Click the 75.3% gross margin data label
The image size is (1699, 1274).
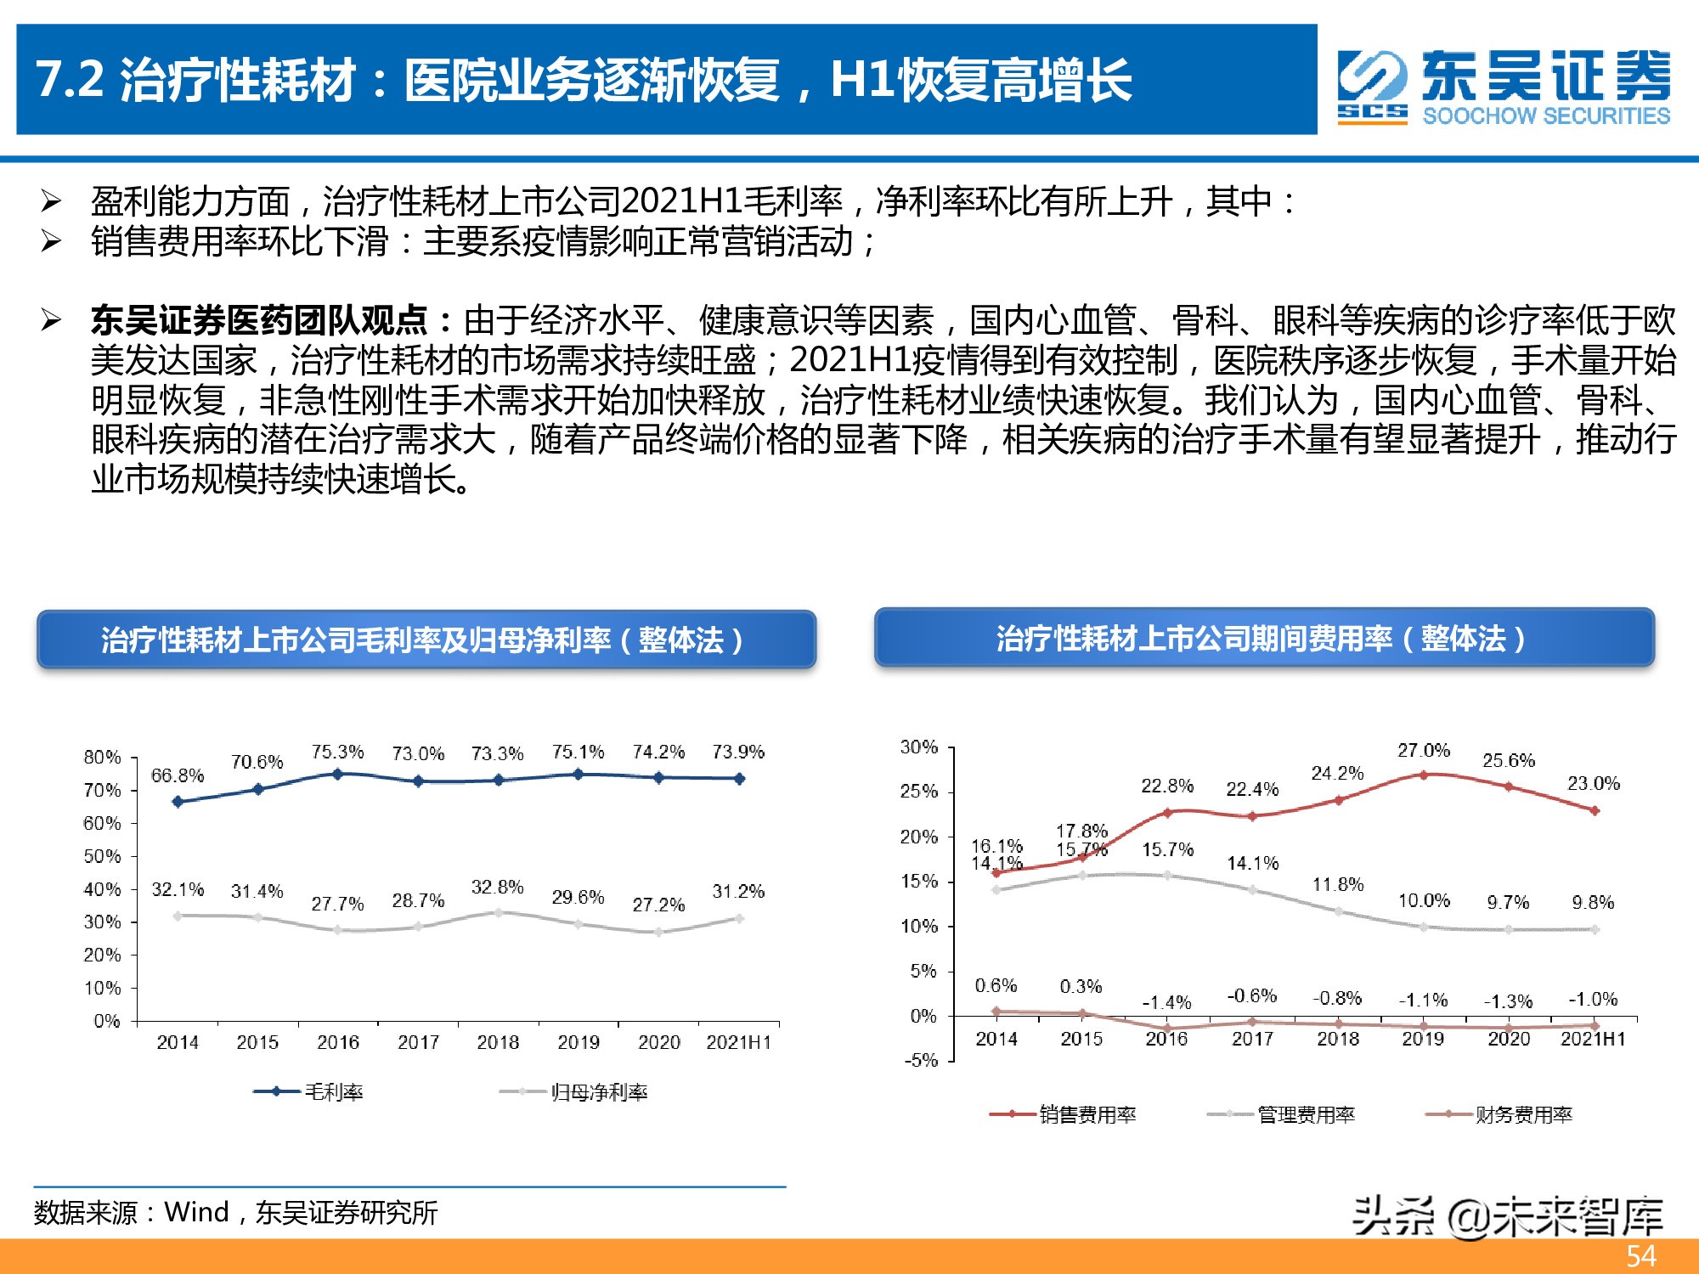pyautogui.click(x=337, y=752)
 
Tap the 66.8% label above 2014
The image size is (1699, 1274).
pyautogui.click(x=178, y=775)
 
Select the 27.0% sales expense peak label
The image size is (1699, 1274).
pyautogui.click(x=1424, y=751)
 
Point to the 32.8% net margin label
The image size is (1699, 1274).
pyautogui.click(x=497, y=888)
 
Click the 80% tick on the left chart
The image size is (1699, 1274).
pyautogui.click(x=102, y=757)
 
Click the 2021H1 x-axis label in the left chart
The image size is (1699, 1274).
pyautogui.click(x=738, y=1042)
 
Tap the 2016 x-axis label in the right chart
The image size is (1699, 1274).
pyautogui.click(x=1166, y=1039)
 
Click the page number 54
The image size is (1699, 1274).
pyautogui.click(x=1640, y=1256)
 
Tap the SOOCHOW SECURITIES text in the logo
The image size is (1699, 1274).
pyautogui.click(x=1546, y=116)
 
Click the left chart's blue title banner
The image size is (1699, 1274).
pyautogui.click(x=426, y=640)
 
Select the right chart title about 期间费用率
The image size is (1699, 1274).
pyautogui.click(x=1264, y=638)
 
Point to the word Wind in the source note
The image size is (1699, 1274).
pyautogui.click(x=196, y=1212)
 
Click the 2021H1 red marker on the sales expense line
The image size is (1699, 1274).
pyautogui.click(x=1595, y=811)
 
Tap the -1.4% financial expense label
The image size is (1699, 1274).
pyautogui.click(x=1166, y=1003)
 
